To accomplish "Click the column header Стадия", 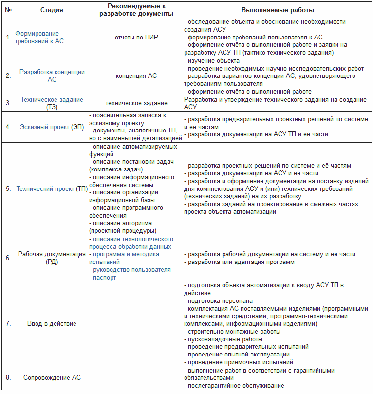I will coord(52,10).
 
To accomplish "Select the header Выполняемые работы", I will coord(278,10).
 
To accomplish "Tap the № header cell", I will coord(8,10).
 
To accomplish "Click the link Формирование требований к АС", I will coord(39,38).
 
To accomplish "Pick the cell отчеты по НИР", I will coord(136,38).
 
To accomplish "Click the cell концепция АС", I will coord(136,75).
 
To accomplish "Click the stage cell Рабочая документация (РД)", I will coord(52,258).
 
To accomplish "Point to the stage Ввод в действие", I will coord(52,323).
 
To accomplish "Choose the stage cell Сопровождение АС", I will coord(52,378).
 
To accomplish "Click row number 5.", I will coord(8,188).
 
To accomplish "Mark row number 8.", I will coord(8,378).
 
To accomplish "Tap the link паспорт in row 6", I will coord(104,277).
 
